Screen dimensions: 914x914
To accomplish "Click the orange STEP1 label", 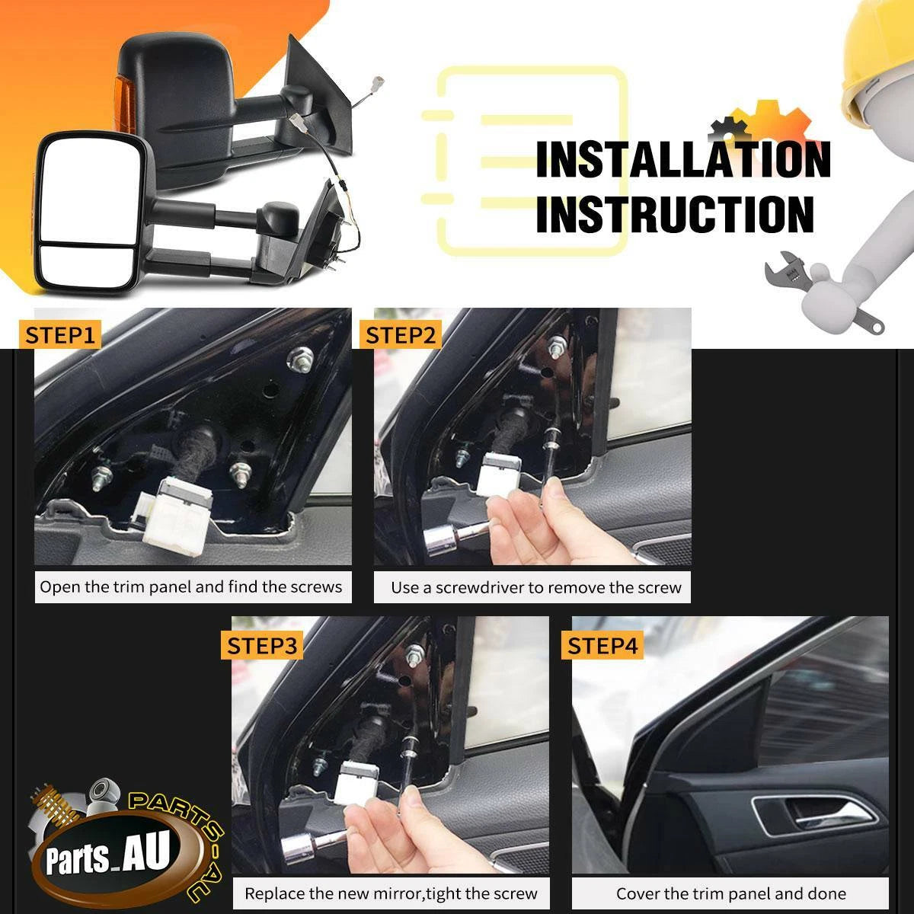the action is [59, 335].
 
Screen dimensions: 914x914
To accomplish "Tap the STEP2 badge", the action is [400, 335].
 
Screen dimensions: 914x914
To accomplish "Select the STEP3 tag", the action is [262, 646].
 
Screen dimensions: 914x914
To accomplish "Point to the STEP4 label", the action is [602, 646].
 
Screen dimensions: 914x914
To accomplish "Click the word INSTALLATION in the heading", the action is [683, 160].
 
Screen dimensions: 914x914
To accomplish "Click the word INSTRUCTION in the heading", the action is [676, 214].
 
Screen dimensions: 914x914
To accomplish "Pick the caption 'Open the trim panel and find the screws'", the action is [190, 587].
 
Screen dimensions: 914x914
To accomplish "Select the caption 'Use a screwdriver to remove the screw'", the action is [536, 588].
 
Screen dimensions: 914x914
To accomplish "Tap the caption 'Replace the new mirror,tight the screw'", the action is [391, 893].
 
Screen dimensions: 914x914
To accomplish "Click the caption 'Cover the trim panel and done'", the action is [731, 893].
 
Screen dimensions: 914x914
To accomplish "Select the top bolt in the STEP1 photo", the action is [300, 359].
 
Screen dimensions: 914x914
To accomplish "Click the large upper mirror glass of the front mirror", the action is [89, 190].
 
